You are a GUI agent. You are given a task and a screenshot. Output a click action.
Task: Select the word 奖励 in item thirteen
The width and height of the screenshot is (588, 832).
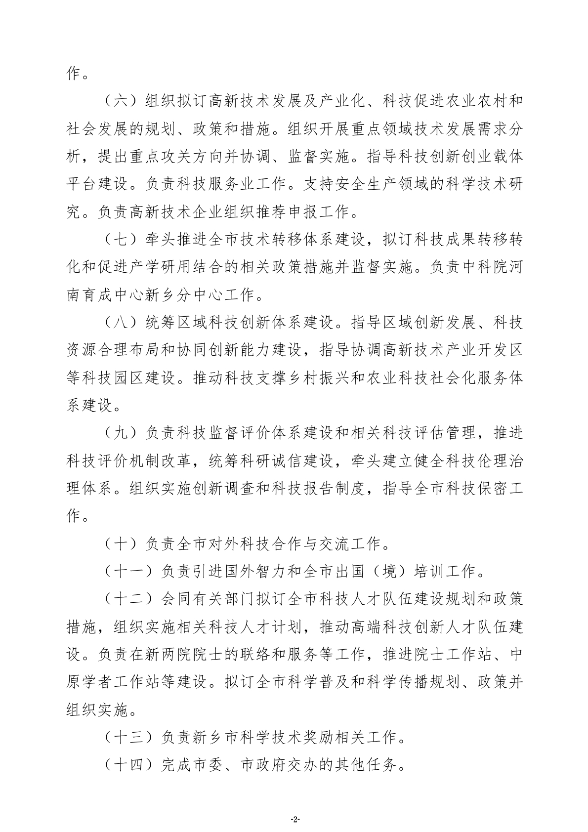coord(319,738)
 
